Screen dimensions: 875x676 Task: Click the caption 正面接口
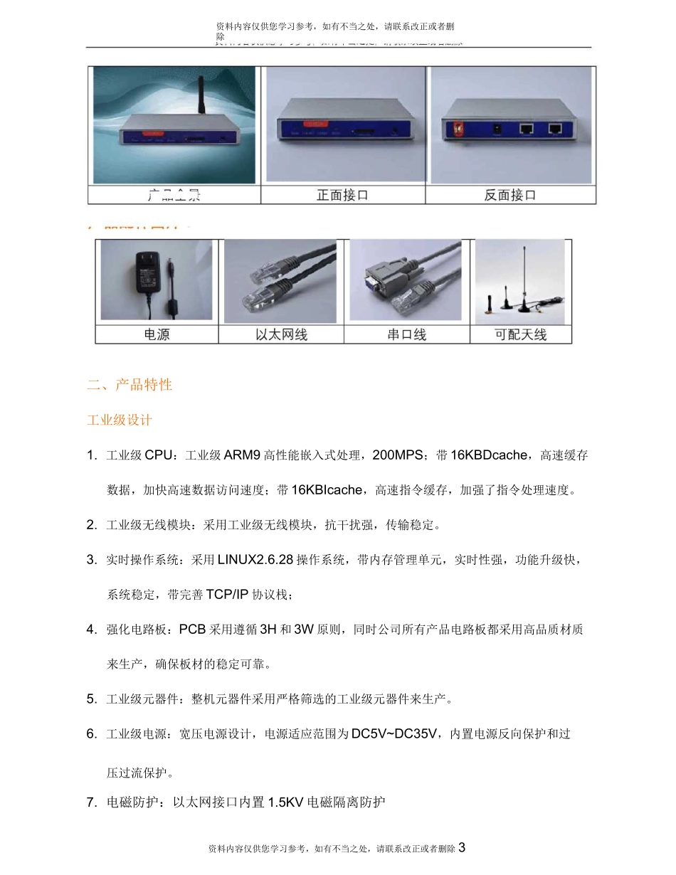pos(343,195)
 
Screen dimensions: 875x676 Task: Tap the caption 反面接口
pos(510,195)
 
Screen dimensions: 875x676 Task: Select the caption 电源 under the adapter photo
pos(157,334)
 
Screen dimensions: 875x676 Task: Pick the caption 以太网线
pos(282,334)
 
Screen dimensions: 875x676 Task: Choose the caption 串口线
pos(407,334)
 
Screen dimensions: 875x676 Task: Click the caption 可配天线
pos(522,334)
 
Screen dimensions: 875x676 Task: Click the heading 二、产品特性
pos(130,385)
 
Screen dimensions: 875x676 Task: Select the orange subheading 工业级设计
pos(120,420)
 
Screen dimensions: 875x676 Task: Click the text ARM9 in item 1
pos(242,455)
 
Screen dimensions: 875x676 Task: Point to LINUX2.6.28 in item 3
pos(255,560)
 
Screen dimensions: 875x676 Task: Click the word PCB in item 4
pos(192,630)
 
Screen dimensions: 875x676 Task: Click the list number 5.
pos(91,699)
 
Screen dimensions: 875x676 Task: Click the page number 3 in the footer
pos(462,847)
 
